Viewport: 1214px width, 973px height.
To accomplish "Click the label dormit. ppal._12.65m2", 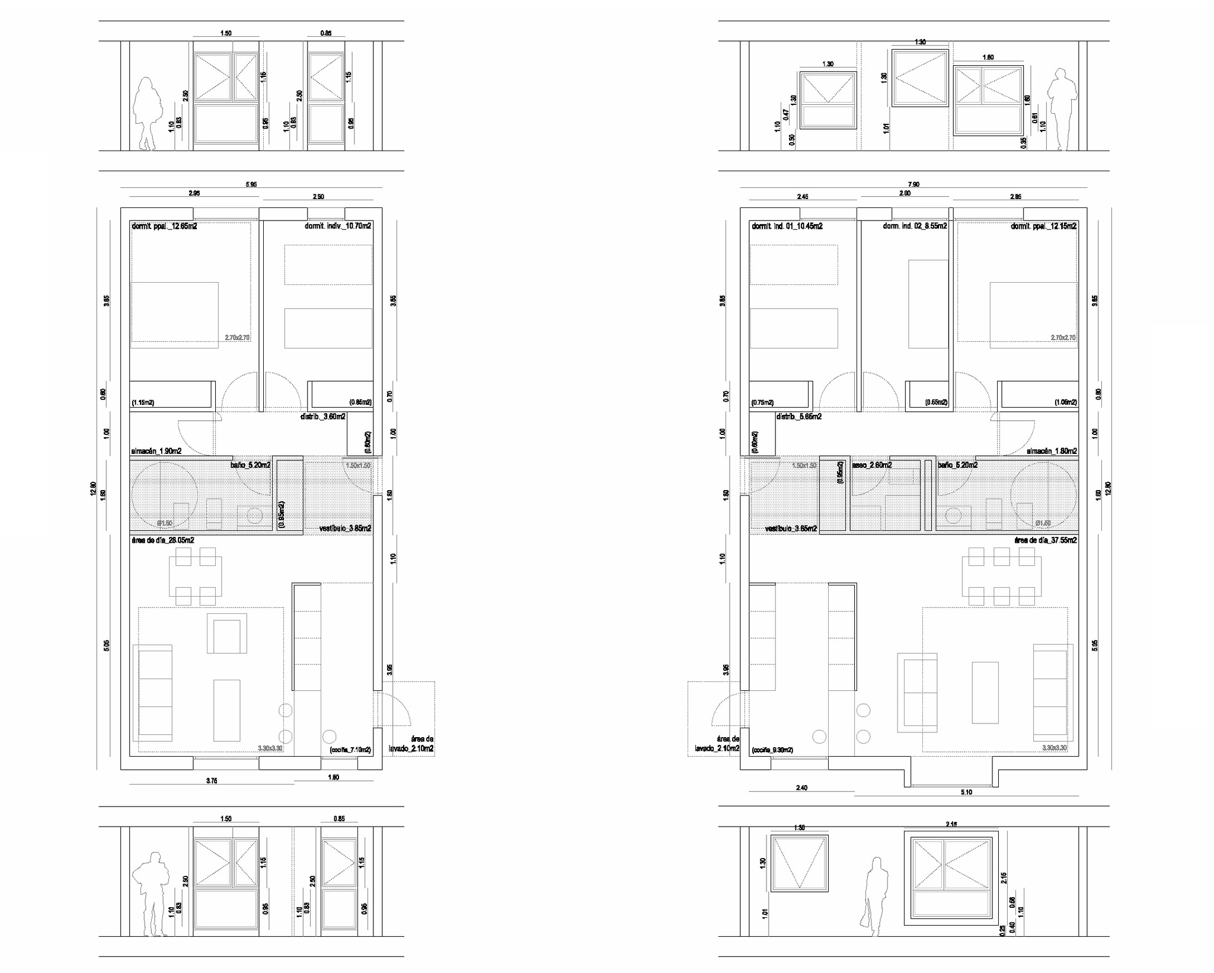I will point(164,226).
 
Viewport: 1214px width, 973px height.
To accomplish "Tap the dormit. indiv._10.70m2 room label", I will point(338,226).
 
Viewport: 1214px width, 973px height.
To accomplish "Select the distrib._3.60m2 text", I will point(322,417).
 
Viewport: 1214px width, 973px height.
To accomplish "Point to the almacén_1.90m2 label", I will point(156,451).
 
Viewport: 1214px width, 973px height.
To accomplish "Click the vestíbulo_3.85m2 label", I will point(345,528).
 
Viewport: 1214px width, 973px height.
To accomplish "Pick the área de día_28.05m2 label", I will point(162,540).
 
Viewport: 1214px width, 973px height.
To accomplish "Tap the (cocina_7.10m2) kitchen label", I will point(350,750).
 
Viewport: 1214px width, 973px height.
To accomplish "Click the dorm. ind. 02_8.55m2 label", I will point(915,226).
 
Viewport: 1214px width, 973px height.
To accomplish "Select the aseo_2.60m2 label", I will point(872,465).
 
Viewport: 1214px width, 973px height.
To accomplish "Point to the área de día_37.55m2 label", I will point(1046,540).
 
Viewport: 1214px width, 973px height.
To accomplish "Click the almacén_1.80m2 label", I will point(1052,451).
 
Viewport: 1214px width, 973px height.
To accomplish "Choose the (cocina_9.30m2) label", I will point(772,750).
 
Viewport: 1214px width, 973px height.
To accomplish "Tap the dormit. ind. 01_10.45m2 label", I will point(787,226).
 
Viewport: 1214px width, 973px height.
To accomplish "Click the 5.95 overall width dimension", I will point(251,185).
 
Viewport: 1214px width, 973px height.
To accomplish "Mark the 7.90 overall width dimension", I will point(913,185).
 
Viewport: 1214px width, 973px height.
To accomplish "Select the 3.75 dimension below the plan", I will point(212,781).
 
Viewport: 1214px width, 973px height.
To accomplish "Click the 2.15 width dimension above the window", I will point(952,824).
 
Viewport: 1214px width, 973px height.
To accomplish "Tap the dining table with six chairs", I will point(1001,576).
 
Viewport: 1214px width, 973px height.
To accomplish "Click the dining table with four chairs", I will point(195,576).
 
